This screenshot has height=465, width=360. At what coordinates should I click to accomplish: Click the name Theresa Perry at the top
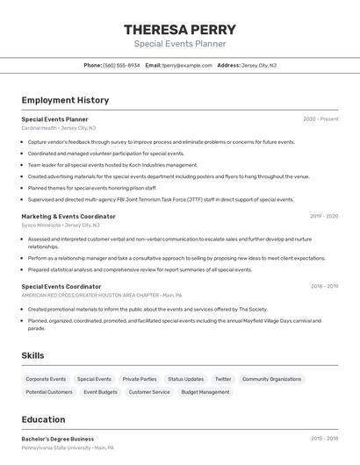[x=180, y=30]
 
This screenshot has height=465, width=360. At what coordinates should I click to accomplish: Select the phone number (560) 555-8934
[x=121, y=65]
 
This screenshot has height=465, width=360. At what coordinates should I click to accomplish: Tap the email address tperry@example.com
[x=187, y=65]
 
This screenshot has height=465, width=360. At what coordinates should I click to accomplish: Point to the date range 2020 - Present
[x=320, y=118]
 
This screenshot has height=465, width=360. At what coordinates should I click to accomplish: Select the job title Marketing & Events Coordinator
[x=68, y=216]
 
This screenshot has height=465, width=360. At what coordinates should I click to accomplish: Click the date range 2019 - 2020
[x=323, y=216]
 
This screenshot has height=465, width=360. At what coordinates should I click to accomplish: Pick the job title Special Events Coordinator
[x=61, y=286]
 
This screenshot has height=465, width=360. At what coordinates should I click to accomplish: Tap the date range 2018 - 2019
[x=324, y=286]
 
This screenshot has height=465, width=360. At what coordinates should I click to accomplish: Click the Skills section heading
[x=33, y=355]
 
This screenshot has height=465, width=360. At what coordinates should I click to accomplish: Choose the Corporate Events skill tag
[x=46, y=379]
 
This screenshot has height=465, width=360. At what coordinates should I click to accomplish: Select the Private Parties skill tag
[x=140, y=379]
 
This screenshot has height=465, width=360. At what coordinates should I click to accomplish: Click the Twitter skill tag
[x=223, y=379]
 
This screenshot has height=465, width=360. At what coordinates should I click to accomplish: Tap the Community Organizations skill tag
[x=271, y=379]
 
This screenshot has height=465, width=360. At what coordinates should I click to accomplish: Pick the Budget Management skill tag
[x=205, y=392]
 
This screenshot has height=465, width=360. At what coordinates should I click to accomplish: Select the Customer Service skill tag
[x=149, y=392]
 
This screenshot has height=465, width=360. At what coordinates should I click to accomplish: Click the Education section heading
[x=43, y=419]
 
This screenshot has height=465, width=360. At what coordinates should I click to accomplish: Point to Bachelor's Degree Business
[x=58, y=439]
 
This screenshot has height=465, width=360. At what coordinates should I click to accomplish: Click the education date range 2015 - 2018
[x=324, y=438]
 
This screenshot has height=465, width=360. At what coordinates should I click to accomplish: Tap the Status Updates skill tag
[x=186, y=379]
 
